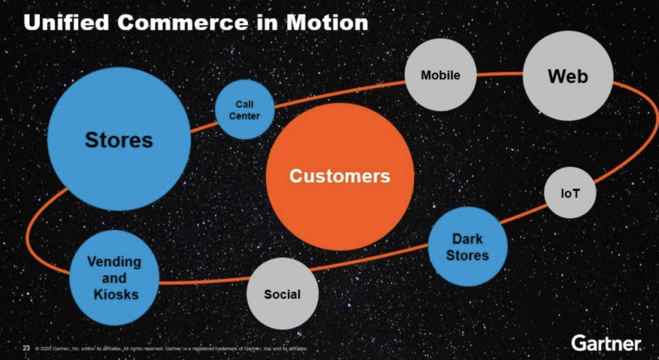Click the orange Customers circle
339,176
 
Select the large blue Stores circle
119,139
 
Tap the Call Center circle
245,110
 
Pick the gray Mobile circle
441,75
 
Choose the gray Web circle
568,77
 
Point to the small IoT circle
570,193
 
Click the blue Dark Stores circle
468,247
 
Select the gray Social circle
282,294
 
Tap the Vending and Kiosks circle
114,278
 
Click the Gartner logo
606,342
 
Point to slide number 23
26,348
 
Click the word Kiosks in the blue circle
114,294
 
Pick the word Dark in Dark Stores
468,238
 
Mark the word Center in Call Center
245,116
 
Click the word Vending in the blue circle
114,262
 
